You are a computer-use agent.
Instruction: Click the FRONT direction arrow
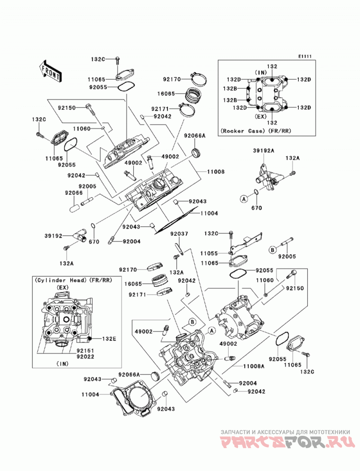[x=51, y=71]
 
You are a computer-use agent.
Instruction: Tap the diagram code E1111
[x=305, y=56]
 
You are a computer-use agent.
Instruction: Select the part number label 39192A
[x=263, y=151]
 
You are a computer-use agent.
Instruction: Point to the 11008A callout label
[x=254, y=366]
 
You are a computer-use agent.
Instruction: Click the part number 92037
[x=179, y=233]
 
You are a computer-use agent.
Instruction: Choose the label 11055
[x=209, y=254]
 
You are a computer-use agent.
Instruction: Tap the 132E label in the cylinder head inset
[x=109, y=339]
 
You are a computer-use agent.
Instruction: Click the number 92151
[x=85, y=350]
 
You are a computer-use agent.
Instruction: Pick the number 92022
[x=85, y=357]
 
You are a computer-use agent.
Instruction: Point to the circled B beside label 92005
[x=272, y=249]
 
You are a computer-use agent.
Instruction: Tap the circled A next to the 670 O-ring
[x=244, y=198]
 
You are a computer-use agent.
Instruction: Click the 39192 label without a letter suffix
[x=54, y=236]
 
